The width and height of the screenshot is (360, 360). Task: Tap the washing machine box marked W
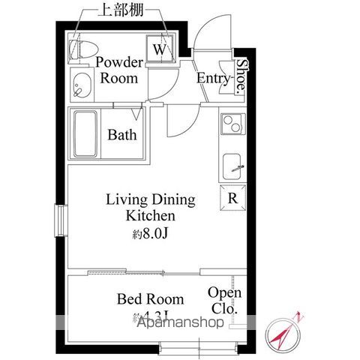click(x=160, y=49)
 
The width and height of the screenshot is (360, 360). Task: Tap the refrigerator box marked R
click(x=232, y=199)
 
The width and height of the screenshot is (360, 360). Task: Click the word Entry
click(x=212, y=78)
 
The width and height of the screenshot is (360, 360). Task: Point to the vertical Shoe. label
click(x=241, y=76)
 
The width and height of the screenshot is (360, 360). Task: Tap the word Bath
click(x=121, y=136)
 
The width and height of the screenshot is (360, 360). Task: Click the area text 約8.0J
click(x=153, y=234)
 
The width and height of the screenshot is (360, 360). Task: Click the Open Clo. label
click(x=223, y=300)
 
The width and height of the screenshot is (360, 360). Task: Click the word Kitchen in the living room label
click(x=150, y=216)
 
